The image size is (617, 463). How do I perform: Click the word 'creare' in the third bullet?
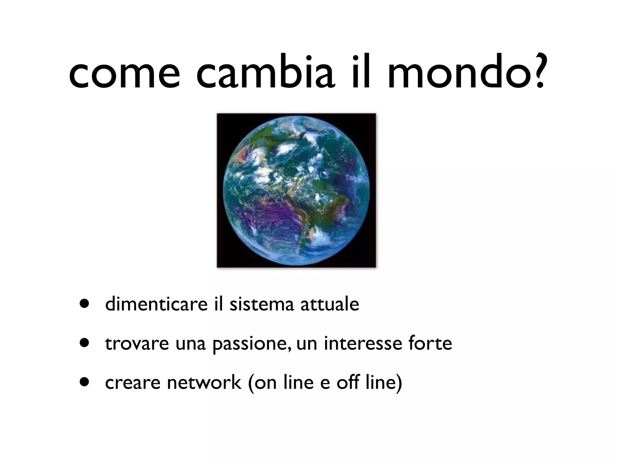133,383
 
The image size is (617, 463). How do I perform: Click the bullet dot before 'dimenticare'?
85,304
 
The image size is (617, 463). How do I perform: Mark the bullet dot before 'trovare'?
85,343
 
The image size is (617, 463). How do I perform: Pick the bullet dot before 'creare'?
85,382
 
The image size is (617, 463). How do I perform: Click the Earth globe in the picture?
296,191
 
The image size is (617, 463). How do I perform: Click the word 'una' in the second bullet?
191,344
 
